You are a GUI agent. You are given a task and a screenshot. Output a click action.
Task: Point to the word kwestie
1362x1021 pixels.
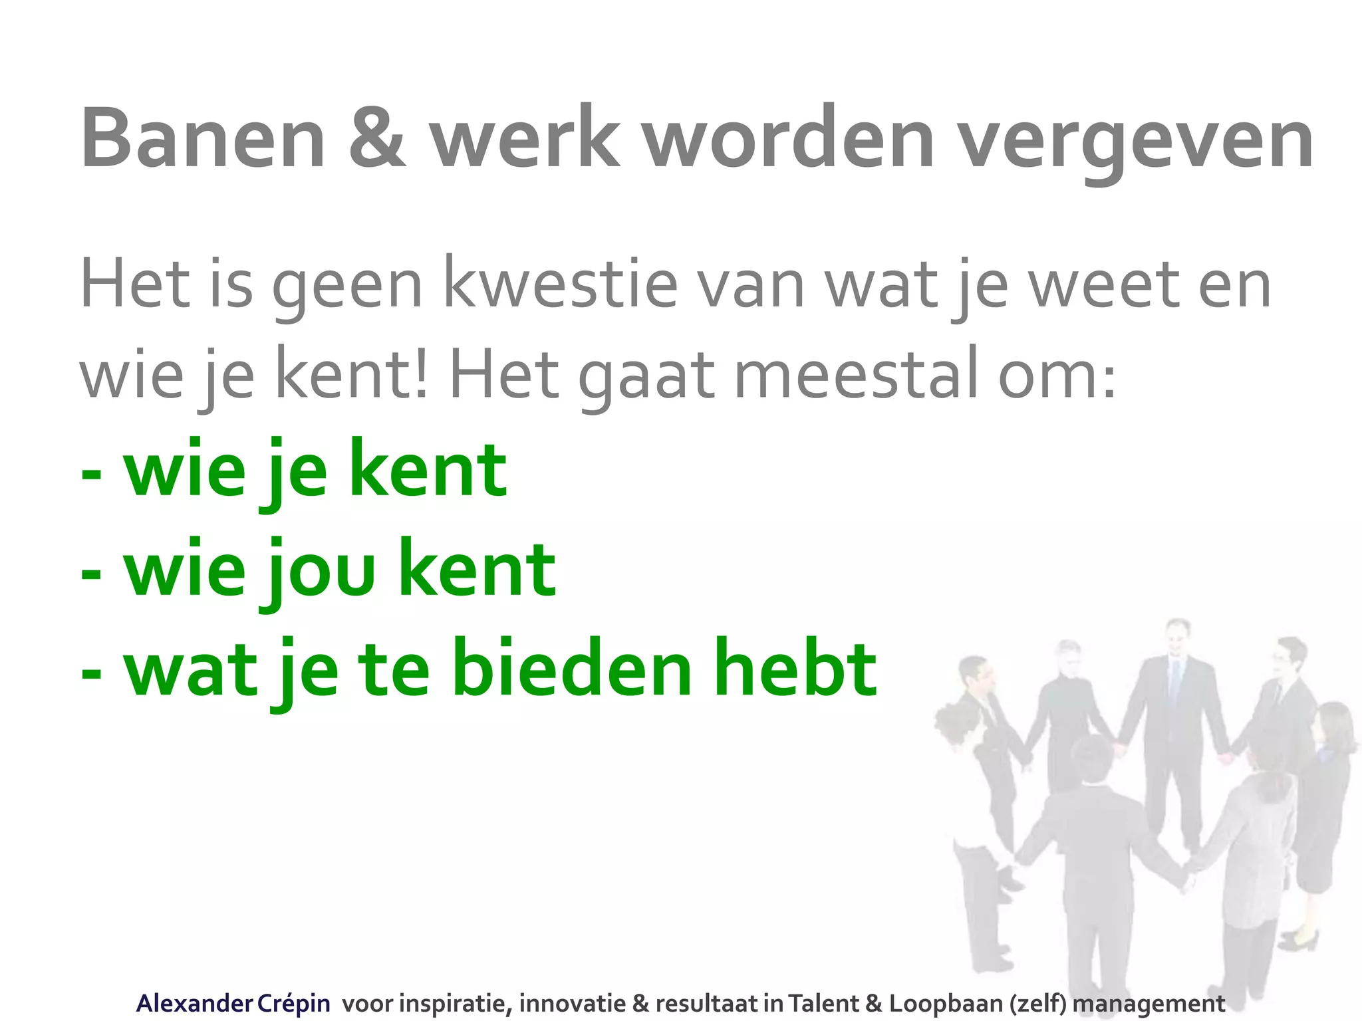560,285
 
